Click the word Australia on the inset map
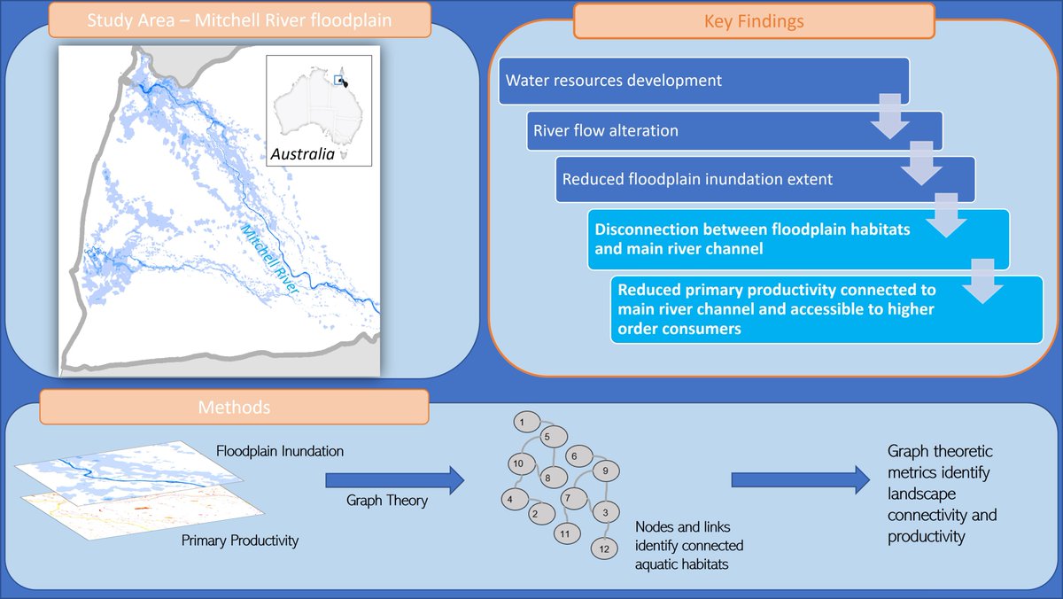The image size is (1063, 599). pos(303,154)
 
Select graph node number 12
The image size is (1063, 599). pos(603,548)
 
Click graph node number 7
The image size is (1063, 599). pos(572,497)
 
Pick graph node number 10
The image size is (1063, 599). pos(520,463)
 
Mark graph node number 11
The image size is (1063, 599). pos(565,533)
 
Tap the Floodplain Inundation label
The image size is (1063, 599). pos(280,452)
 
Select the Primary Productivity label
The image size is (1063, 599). pos(240,541)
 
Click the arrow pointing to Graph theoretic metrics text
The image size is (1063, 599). pos(800,481)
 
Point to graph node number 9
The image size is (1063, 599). pos(605,471)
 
